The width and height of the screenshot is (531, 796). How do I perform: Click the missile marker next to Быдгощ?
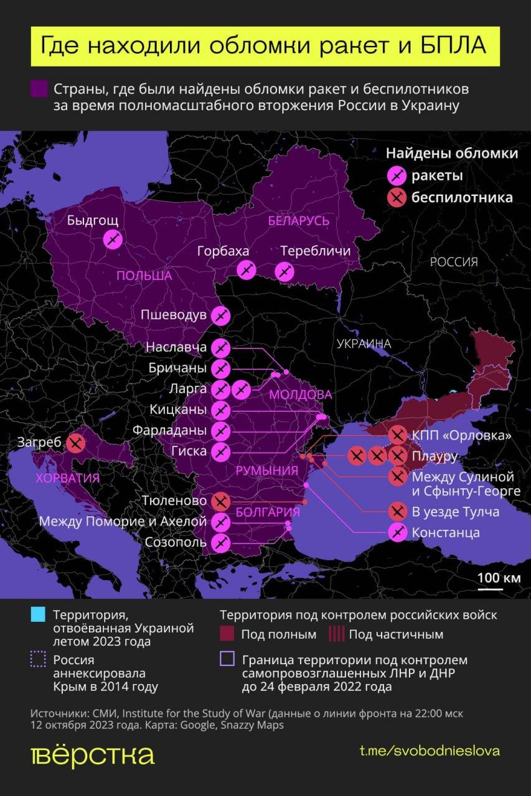(113, 239)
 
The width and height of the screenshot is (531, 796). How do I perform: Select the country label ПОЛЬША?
(144, 275)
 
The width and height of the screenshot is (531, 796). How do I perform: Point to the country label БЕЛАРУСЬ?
(299, 221)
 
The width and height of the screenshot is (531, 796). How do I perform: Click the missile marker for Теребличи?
(284, 271)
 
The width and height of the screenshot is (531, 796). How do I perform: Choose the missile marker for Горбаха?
(247, 269)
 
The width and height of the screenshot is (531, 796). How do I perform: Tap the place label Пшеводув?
(173, 315)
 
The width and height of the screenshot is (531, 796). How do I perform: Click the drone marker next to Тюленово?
(220, 501)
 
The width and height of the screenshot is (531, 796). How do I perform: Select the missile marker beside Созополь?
(220, 542)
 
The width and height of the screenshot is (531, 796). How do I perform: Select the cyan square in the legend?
(38, 615)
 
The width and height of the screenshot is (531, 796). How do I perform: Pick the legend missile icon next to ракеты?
(397, 176)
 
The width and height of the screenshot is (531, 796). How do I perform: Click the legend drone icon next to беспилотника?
(397, 198)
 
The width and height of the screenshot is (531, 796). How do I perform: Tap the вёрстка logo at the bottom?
(92, 754)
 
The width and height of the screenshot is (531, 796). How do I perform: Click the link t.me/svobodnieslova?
(430, 751)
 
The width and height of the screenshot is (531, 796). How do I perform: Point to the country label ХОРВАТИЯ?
(68, 478)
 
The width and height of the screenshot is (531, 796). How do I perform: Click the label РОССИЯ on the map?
(454, 262)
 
